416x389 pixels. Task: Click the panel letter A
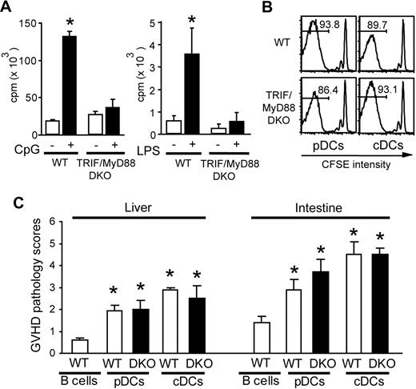[x=7, y=7]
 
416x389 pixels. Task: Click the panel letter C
[x=7, y=200]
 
